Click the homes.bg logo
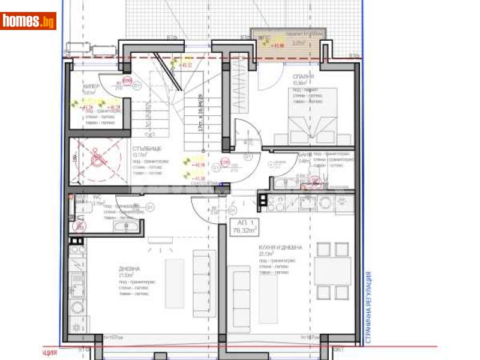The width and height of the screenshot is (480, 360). pyautogui.click(x=29, y=21)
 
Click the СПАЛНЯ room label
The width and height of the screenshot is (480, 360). pyautogui.click(x=303, y=77)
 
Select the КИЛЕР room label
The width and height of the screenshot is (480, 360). pyautogui.click(x=90, y=86)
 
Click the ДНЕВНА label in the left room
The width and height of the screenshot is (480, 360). pyautogui.click(x=129, y=269)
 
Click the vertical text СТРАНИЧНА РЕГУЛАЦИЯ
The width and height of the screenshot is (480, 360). pyautogui.click(x=368, y=307)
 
